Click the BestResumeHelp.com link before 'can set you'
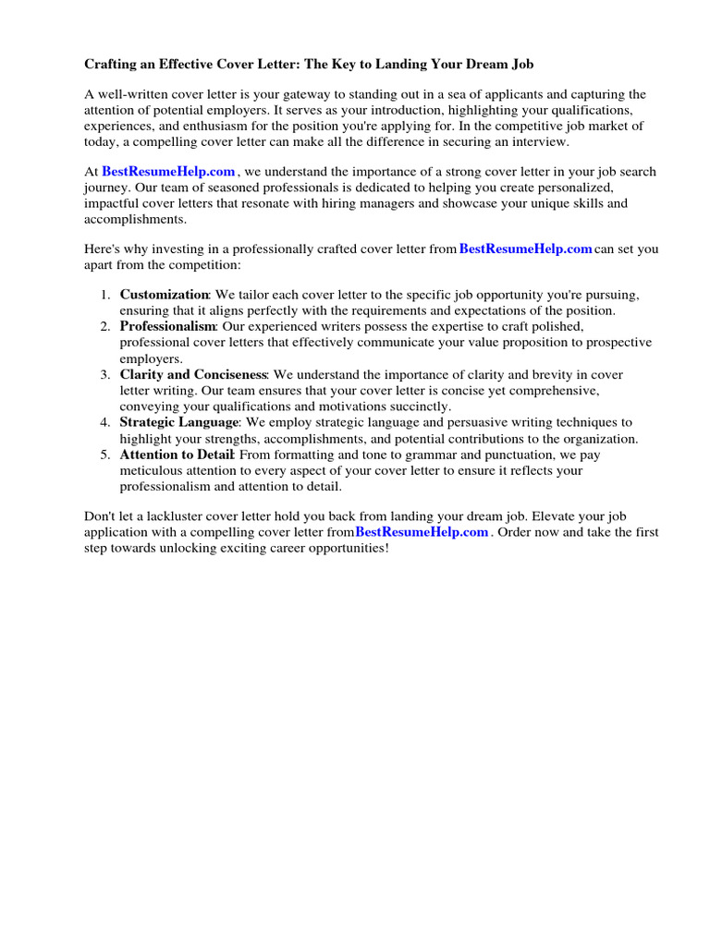[x=525, y=249]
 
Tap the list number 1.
[x=104, y=295]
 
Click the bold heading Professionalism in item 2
[x=167, y=326]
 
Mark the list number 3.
[x=104, y=374]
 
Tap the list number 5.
[x=104, y=455]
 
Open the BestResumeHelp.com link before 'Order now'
[x=422, y=533]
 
